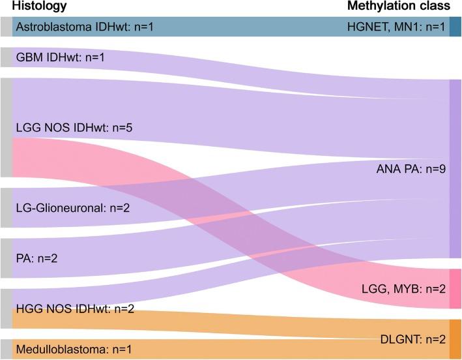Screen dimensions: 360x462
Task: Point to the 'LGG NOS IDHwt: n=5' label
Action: pos(64,127)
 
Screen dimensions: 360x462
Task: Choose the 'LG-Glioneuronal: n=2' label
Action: pos(65,208)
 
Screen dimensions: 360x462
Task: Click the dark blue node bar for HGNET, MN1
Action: pos(455,27)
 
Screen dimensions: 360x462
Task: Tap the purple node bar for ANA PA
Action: pos(455,169)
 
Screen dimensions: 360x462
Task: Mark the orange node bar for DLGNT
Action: pos(455,339)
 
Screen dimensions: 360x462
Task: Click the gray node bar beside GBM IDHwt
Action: pos(6,57)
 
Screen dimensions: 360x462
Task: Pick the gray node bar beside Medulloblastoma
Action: pos(6,349)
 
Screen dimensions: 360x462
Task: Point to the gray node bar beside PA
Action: pos(6,258)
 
